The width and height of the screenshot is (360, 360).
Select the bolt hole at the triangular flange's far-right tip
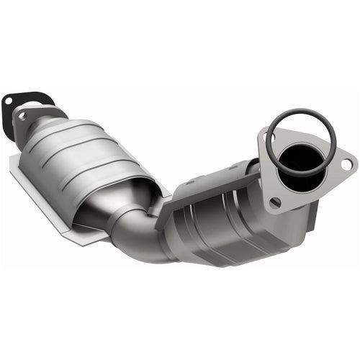point(346,164)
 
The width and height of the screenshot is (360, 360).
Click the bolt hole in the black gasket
point(9,102)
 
